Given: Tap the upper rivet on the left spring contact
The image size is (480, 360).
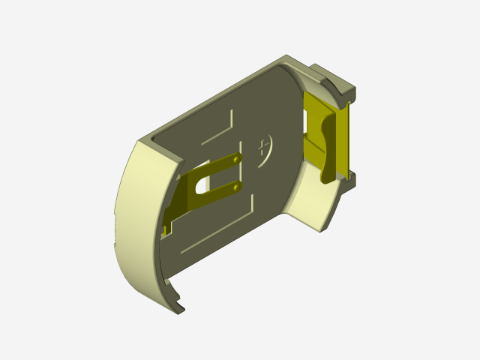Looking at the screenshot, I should tap(237, 160).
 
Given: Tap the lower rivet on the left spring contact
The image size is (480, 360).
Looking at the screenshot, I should tap(237, 184).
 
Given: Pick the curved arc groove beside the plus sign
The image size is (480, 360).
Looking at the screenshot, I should tap(271, 150).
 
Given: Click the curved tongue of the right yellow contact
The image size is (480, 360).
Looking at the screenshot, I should tap(330, 150).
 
